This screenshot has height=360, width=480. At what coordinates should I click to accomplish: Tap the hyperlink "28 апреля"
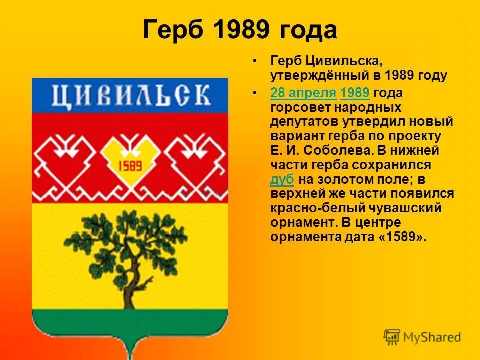pyautogui.click(x=303, y=93)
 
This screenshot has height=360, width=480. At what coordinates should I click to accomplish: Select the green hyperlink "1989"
pyautogui.click(x=354, y=93)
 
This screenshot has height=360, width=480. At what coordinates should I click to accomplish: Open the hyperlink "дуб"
pyautogui.click(x=282, y=179)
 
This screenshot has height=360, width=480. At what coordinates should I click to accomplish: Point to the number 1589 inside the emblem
pyautogui.click(x=130, y=166)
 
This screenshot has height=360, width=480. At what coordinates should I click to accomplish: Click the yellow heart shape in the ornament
pyautogui.click(x=130, y=155)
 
